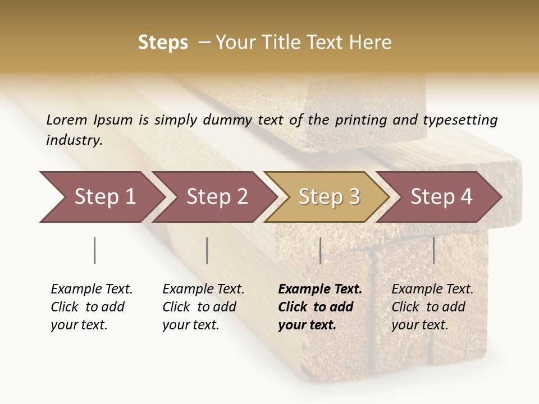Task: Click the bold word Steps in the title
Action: (163, 43)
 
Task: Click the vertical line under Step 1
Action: (95, 250)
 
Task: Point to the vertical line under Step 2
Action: (207, 250)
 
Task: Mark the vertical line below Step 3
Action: (320, 250)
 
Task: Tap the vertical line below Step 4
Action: (433, 250)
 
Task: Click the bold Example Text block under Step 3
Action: (319, 307)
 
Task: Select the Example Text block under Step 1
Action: (92, 307)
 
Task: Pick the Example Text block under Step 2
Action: (203, 307)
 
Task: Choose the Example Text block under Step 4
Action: (432, 307)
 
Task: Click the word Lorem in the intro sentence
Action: (67, 120)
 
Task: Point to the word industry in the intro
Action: (74, 140)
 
